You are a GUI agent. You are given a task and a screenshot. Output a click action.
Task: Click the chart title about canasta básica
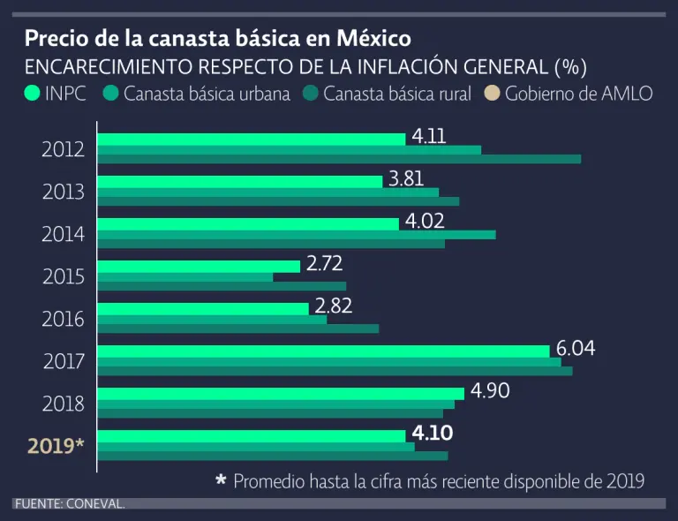click(217, 39)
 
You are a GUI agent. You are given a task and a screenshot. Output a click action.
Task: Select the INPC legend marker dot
click(33, 94)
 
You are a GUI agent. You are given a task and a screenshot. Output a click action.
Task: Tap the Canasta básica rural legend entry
click(388, 94)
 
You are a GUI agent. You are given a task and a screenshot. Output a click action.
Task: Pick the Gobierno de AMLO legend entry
click(569, 94)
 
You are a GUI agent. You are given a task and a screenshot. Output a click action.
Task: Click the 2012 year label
click(64, 149)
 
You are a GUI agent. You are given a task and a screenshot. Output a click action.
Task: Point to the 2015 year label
click(64, 276)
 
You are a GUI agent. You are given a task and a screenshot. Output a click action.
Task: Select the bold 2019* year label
click(56, 445)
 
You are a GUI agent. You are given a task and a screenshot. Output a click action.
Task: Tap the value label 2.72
click(324, 263)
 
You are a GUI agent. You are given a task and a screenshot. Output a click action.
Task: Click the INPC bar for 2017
click(323, 351)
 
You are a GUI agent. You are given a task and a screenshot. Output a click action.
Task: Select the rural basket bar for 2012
click(339, 159)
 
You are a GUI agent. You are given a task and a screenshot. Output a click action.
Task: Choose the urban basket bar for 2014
click(296, 234)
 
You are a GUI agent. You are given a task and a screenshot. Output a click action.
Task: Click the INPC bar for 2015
click(199, 266)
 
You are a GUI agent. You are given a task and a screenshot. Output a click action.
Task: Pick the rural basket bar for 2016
click(237, 328)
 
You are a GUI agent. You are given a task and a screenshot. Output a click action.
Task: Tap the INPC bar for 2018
click(280, 393)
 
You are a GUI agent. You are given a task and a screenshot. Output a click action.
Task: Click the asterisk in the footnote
click(222, 480)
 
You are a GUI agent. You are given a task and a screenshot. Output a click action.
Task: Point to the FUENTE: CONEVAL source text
click(69, 503)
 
